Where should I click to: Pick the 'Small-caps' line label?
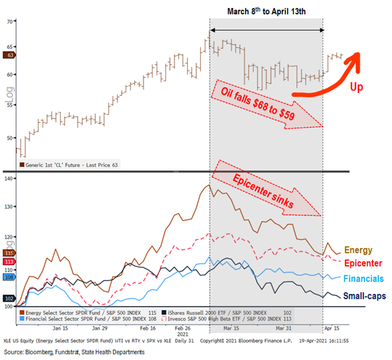coord(366,296)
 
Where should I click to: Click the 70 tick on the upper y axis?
coord(9,21)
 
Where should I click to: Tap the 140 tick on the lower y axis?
coord(9,178)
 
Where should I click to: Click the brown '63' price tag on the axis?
coord(9,55)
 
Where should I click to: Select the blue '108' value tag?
coord(9,276)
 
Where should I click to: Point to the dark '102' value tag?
coord(9,298)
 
